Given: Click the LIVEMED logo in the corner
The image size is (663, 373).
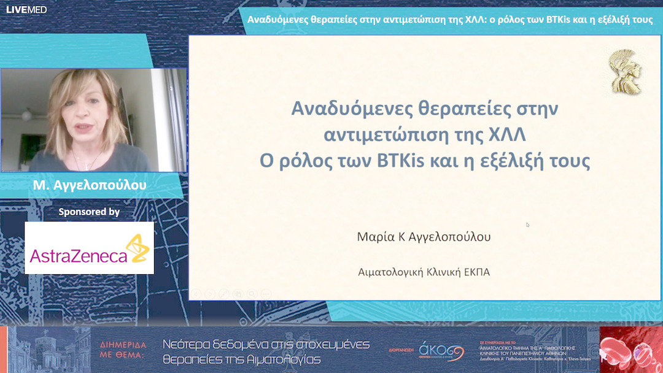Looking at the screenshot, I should point(26,9).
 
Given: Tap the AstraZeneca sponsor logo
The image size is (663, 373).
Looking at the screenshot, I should point(89,248).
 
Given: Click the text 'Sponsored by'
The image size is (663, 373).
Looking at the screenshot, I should point(89,212).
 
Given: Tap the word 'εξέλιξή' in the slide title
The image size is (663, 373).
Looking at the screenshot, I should point(521,161).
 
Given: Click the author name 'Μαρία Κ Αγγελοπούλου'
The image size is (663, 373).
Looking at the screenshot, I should point(424,237).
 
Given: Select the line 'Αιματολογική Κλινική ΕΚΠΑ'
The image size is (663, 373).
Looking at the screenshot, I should point(424,272).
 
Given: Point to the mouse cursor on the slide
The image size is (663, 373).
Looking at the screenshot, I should point(527,225).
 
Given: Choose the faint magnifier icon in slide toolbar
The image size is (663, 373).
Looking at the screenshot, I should point(265,294).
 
